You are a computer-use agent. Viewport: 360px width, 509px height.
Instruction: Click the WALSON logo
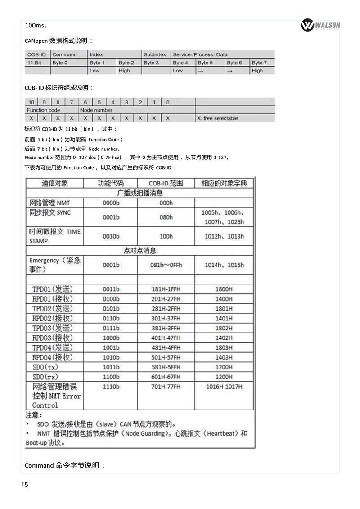320,25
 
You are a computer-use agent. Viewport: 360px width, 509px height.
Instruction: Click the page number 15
24,484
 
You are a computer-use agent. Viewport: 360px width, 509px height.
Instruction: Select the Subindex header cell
155,54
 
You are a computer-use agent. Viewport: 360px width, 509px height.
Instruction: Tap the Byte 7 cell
259,63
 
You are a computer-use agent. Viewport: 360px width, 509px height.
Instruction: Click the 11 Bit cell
34,63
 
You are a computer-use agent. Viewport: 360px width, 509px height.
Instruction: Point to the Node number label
96,110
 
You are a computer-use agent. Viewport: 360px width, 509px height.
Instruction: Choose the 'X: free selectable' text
217,118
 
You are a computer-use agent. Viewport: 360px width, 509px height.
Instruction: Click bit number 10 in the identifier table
31,102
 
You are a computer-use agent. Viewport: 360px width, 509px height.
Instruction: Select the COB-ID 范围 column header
166,183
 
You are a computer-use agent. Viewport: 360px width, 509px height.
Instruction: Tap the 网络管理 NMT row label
50,203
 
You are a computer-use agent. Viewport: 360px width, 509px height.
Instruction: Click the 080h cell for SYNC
166,217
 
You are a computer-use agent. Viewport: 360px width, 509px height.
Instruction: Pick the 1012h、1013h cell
224,236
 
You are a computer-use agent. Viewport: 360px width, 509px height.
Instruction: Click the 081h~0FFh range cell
166,265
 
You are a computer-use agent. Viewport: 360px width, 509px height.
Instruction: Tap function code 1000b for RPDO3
111,338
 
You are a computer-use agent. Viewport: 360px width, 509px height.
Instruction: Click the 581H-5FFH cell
166,367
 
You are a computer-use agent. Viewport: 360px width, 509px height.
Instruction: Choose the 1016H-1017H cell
224,387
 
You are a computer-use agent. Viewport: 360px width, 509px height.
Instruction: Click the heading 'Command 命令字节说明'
65,465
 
